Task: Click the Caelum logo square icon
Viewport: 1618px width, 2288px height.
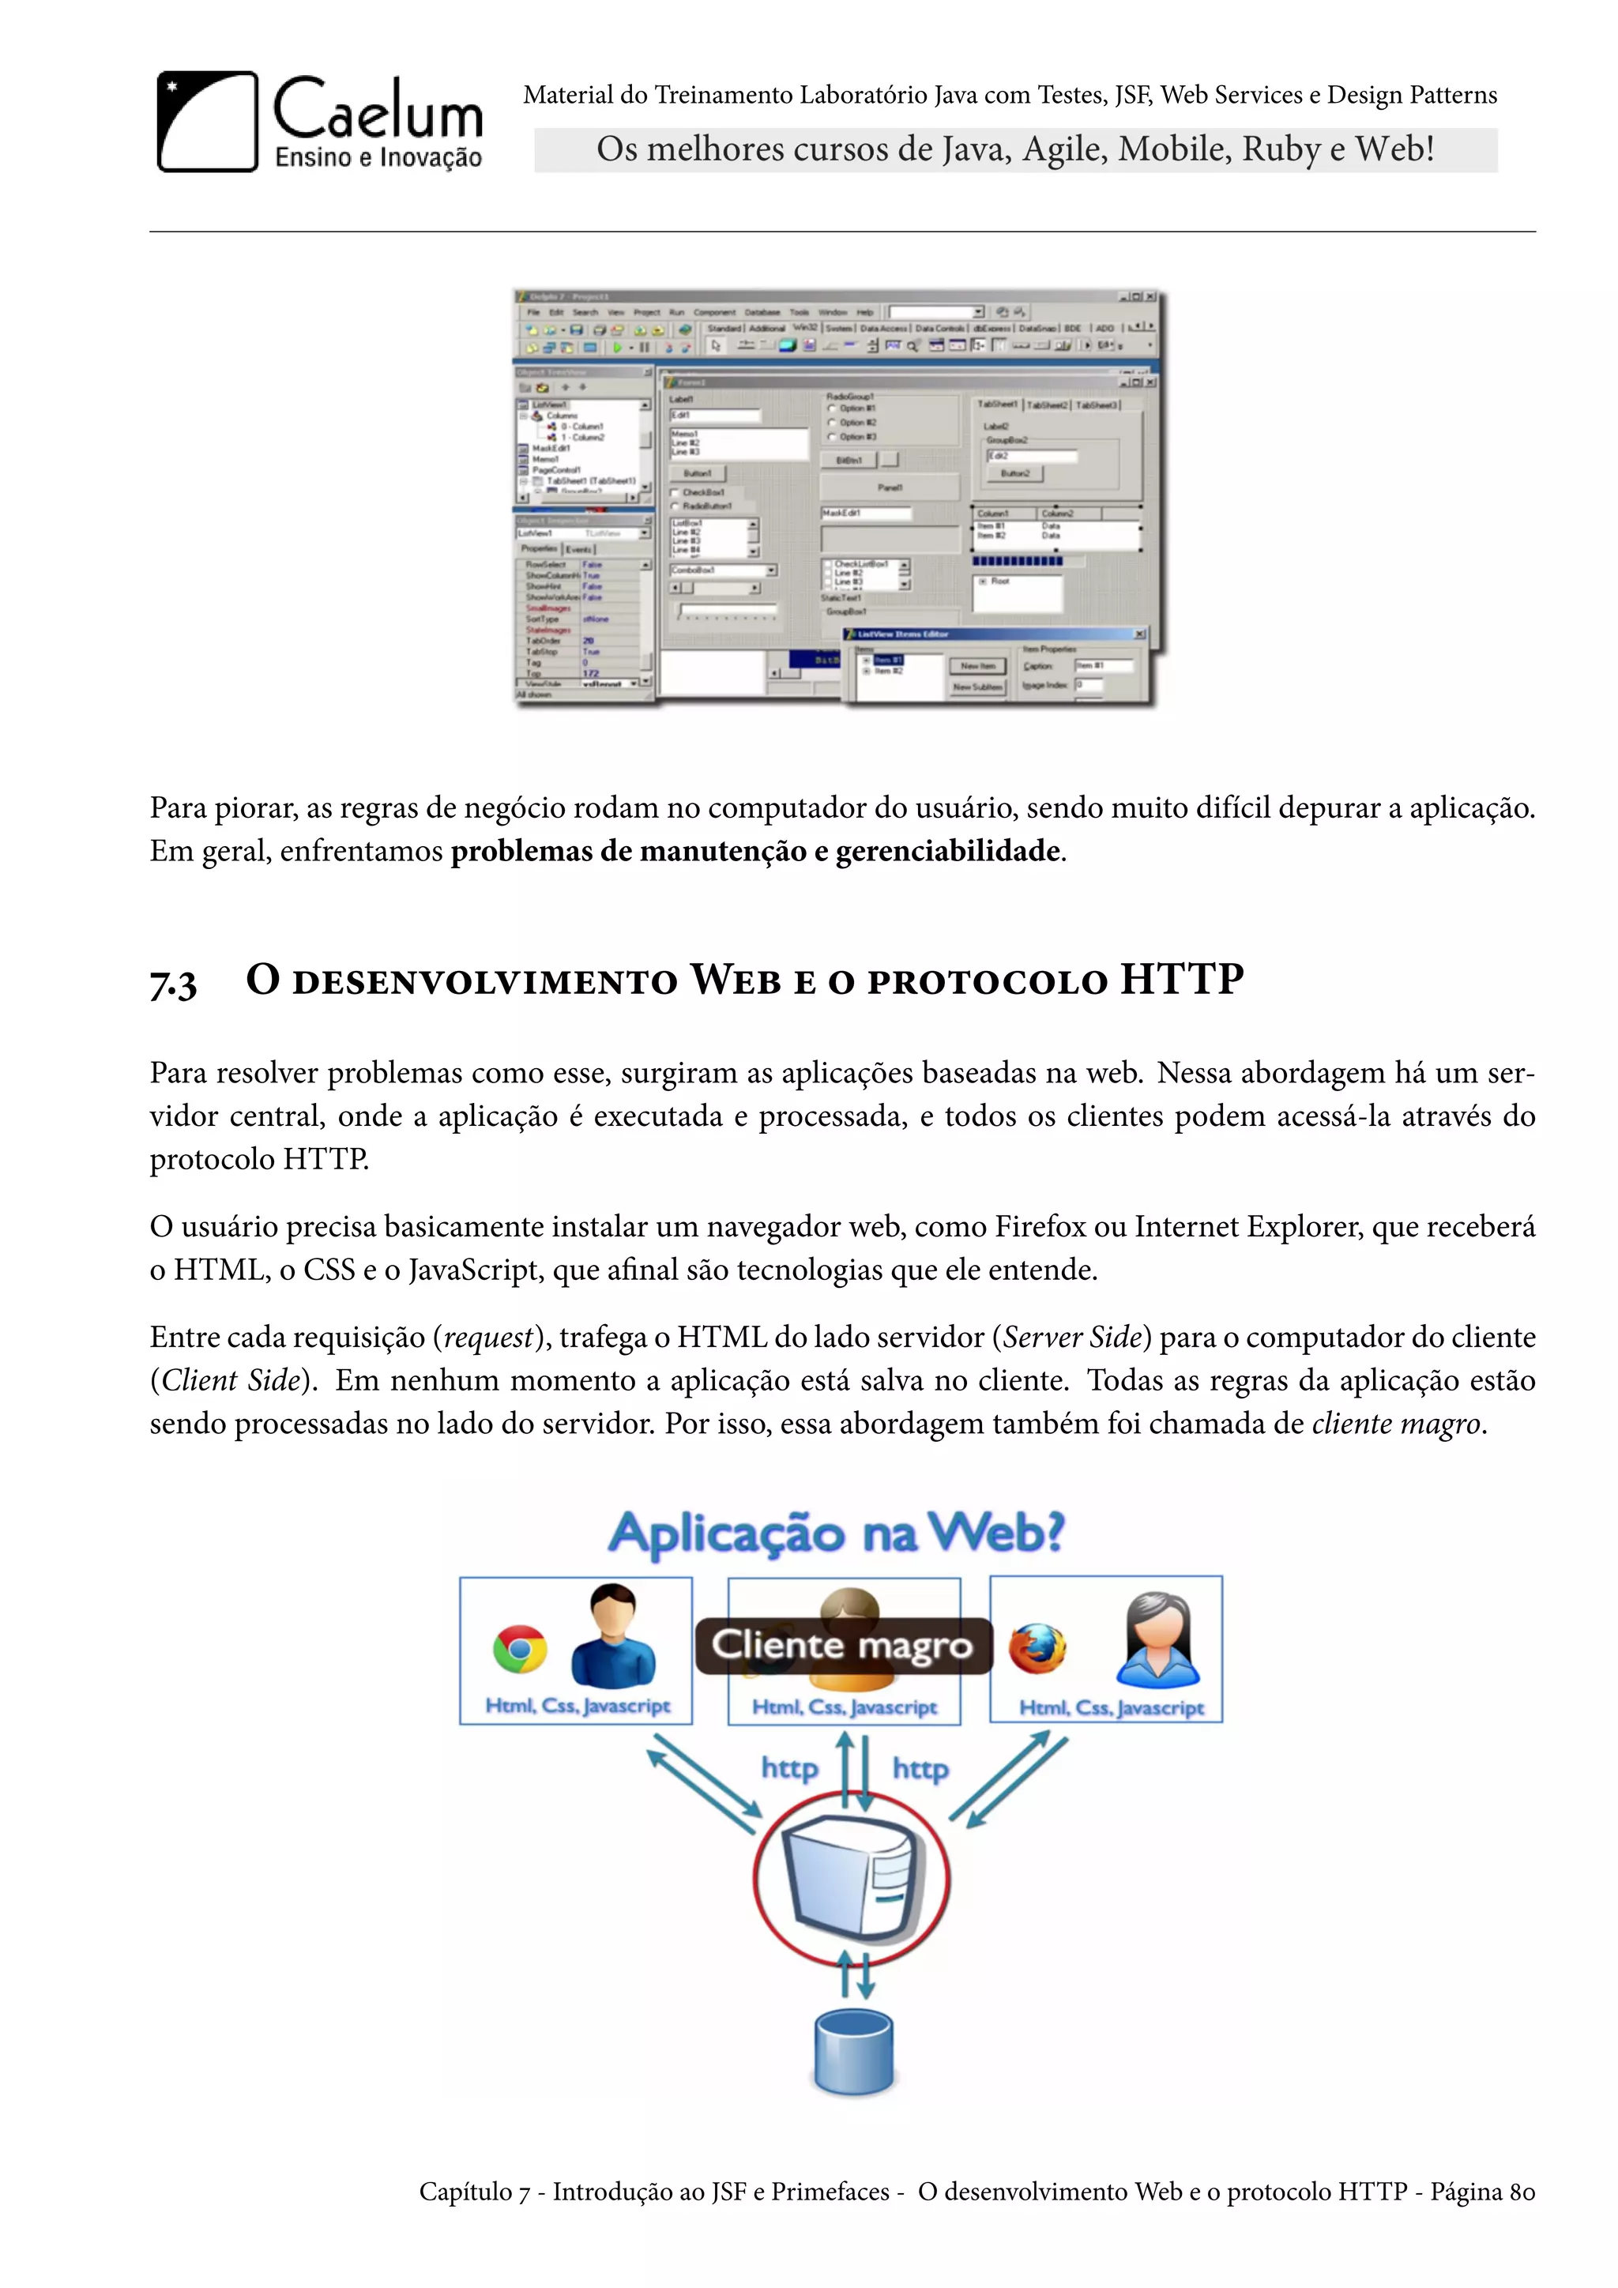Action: pyautogui.click(x=207, y=122)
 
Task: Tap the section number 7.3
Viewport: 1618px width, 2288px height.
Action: pyautogui.click(x=173, y=983)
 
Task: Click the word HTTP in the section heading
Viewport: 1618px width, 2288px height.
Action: pyautogui.click(x=1182, y=979)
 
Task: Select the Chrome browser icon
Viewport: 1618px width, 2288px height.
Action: pyautogui.click(x=520, y=1649)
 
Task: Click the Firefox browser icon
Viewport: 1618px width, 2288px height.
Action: pyautogui.click(x=1037, y=1648)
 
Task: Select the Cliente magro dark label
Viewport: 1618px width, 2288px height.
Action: pyautogui.click(x=843, y=1645)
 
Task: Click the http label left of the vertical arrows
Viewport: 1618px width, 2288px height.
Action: pyautogui.click(x=789, y=1768)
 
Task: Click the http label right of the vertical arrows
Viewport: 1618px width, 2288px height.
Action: pyautogui.click(x=920, y=1769)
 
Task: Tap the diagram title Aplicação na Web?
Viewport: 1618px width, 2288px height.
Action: pyautogui.click(x=837, y=1533)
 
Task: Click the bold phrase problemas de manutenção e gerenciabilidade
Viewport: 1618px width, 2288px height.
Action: pyautogui.click(x=755, y=851)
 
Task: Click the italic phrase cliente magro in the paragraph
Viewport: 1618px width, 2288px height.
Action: pyautogui.click(x=1396, y=1424)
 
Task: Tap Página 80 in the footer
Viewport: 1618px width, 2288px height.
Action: pyautogui.click(x=1482, y=2192)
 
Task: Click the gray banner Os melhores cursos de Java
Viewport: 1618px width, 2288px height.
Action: pyautogui.click(x=1015, y=149)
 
